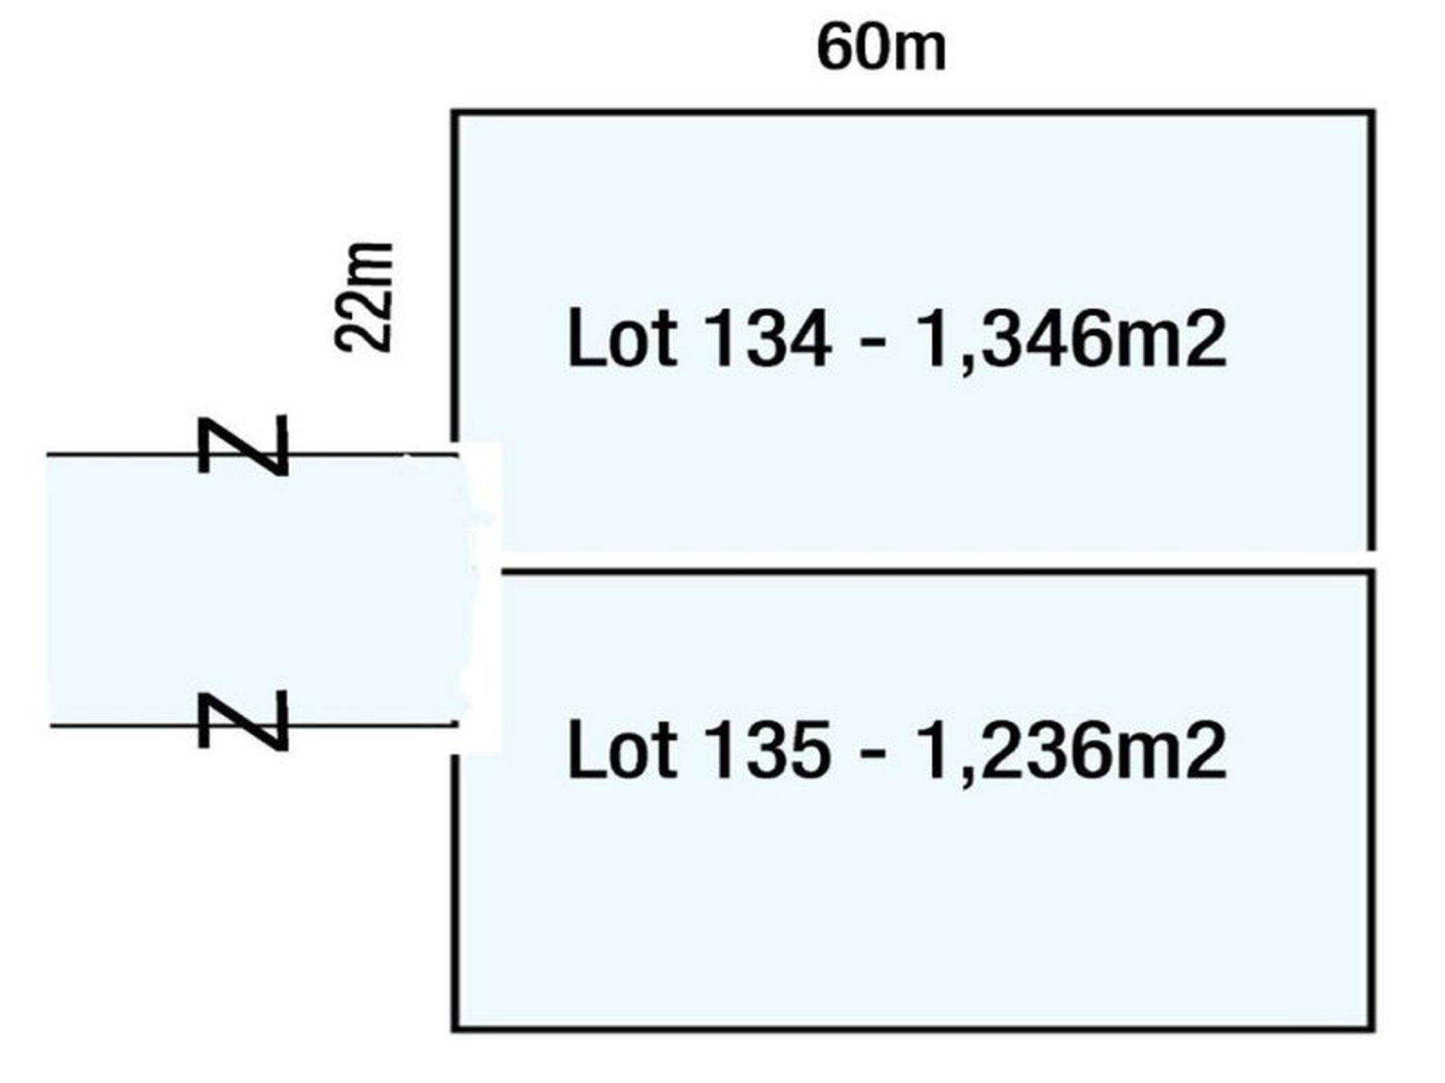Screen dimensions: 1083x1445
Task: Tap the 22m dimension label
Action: point(364,297)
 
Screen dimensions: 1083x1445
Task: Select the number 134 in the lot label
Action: point(767,340)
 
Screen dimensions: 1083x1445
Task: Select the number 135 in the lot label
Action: point(767,750)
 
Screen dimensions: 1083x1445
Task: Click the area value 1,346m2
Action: point(1072,340)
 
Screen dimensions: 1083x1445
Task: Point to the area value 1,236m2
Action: point(1072,750)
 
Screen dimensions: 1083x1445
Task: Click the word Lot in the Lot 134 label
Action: point(621,340)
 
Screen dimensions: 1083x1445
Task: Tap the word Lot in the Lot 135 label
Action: point(621,750)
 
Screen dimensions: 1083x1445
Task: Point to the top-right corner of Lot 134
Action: point(1372,113)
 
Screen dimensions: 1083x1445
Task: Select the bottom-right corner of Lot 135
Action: point(1372,1029)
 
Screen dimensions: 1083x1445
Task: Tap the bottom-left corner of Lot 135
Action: point(455,1029)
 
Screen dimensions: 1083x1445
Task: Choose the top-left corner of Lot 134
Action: point(455,113)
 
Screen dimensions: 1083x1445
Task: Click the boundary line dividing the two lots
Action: point(935,570)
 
